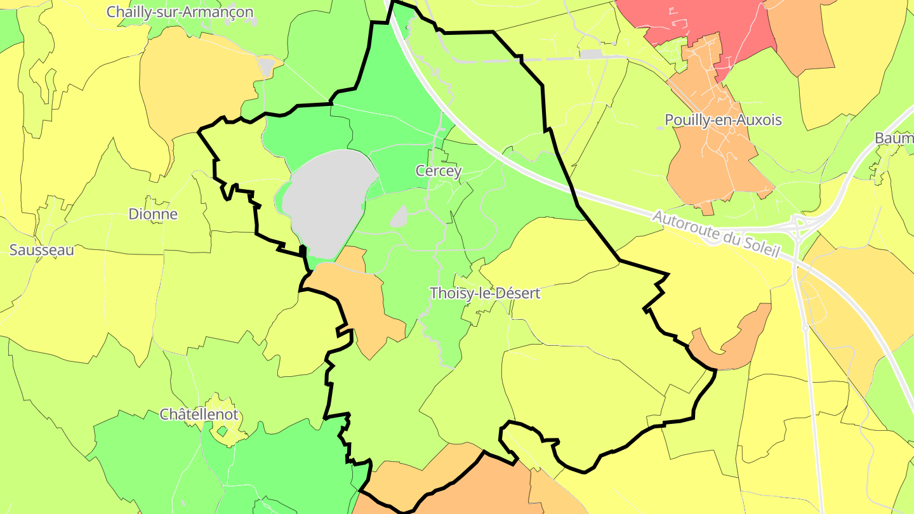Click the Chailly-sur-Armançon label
coord(180,12)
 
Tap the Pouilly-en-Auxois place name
coord(723,120)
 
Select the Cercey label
coord(439,171)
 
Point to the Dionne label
coord(153,214)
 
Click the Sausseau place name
coord(41,250)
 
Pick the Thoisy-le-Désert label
coord(485,293)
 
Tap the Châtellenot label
coord(199,414)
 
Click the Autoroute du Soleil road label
coord(715,234)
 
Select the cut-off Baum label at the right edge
coord(895,138)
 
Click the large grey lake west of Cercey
coord(327,200)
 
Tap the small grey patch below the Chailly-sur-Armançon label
coord(268,66)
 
